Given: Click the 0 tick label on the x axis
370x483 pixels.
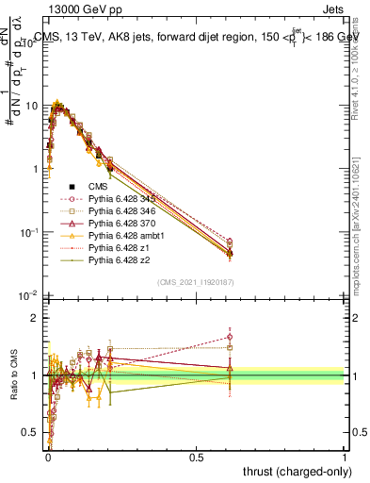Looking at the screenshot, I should pos(48,458).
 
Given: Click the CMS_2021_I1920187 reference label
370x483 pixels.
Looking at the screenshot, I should pos(195,282).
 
